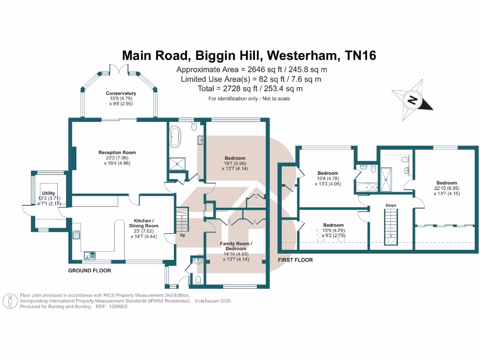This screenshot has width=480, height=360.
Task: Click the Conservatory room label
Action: [x=120, y=93]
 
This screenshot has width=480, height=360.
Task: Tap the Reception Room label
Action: [x=117, y=152]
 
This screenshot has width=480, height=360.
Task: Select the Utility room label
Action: [x=48, y=193]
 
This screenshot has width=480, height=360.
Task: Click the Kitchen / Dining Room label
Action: [x=144, y=223]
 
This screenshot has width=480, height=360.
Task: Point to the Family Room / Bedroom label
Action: [x=236, y=246]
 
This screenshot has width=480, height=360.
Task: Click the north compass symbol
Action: [x=412, y=100]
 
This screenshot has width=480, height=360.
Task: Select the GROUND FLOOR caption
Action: [x=90, y=270]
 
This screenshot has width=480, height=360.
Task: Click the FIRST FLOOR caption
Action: [x=295, y=260]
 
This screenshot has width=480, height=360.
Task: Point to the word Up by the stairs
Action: [x=182, y=235]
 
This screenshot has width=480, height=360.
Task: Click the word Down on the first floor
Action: [x=391, y=205]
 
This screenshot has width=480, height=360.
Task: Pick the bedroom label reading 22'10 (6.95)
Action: [x=446, y=183]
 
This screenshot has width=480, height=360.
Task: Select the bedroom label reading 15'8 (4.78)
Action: [x=328, y=173]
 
